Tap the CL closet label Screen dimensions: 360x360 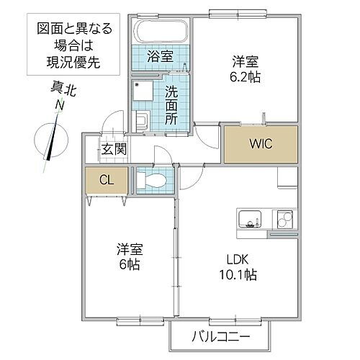[106, 179]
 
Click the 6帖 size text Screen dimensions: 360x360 [130, 264]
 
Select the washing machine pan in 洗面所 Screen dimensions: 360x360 [143, 90]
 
